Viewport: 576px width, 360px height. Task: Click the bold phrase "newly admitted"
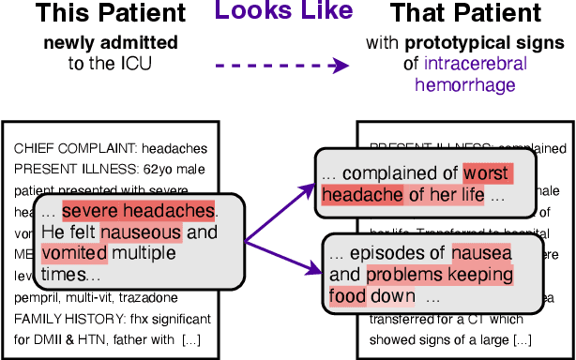(112, 45)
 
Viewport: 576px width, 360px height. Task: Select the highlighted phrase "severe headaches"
(139, 211)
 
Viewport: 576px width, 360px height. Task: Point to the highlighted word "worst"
(486, 173)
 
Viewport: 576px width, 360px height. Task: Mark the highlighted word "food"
(347, 296)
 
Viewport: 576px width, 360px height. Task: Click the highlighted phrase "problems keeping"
(440, 275)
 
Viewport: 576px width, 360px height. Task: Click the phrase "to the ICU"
(112, 64)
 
